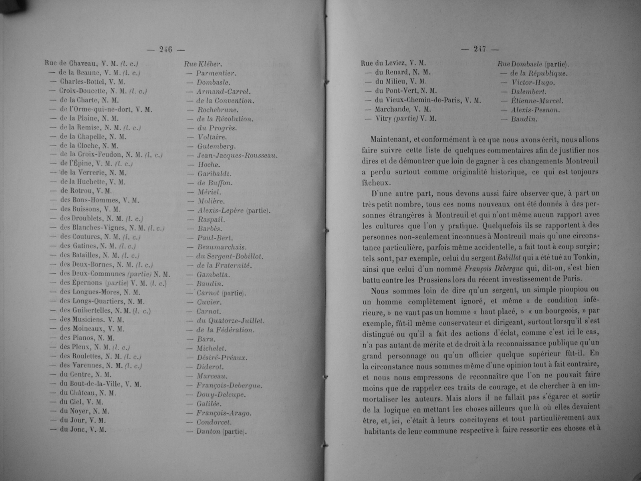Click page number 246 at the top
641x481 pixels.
165,49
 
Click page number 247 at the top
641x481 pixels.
480,49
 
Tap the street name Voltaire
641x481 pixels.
212,137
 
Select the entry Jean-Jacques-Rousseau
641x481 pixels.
237,156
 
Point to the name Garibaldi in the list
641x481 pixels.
214,174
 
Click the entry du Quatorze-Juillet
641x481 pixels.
230,321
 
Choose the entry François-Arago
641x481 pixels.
224,413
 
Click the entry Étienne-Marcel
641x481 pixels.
537,101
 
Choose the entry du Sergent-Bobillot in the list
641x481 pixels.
230,256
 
